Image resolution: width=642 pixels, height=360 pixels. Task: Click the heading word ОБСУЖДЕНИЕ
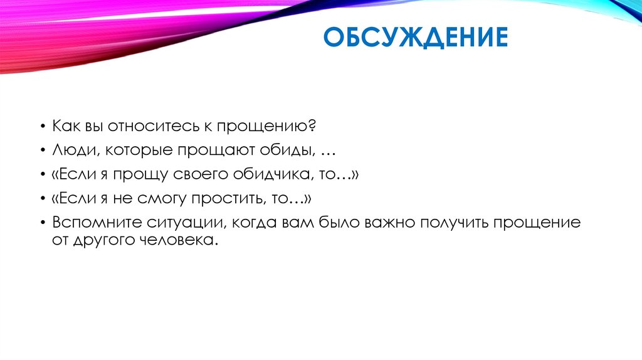point(414,38)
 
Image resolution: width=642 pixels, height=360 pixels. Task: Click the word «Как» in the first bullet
point(66,127)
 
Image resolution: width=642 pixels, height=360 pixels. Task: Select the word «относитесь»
point(146,127)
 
